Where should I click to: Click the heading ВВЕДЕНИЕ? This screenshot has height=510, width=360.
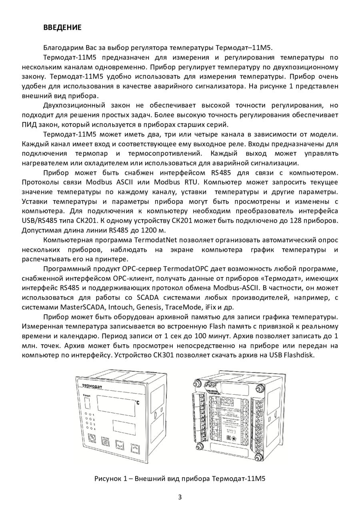pos(62,28)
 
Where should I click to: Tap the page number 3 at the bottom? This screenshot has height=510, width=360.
pos(180,497)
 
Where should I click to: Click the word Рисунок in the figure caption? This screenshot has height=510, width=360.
pos(108,479)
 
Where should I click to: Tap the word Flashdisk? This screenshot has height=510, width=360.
pos(300,355)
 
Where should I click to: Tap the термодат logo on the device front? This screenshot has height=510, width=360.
pos(92,386)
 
